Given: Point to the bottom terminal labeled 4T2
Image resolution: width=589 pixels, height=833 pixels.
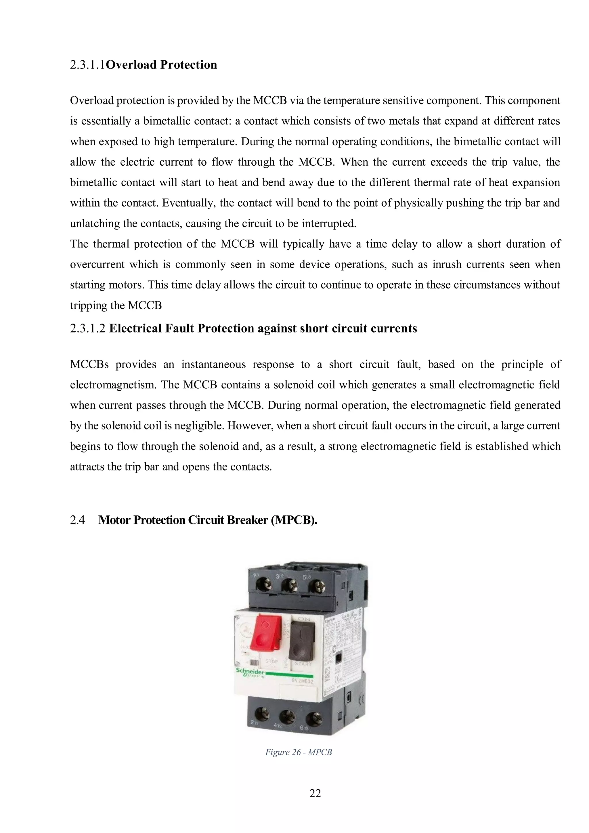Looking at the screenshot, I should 285,718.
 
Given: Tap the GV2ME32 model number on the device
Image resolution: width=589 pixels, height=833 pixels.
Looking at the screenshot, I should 302,681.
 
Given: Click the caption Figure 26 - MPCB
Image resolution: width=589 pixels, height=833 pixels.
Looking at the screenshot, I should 298,752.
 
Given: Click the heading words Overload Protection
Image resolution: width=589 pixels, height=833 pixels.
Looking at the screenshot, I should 162,65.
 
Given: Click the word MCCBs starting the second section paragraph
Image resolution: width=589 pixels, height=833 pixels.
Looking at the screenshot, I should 89,364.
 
